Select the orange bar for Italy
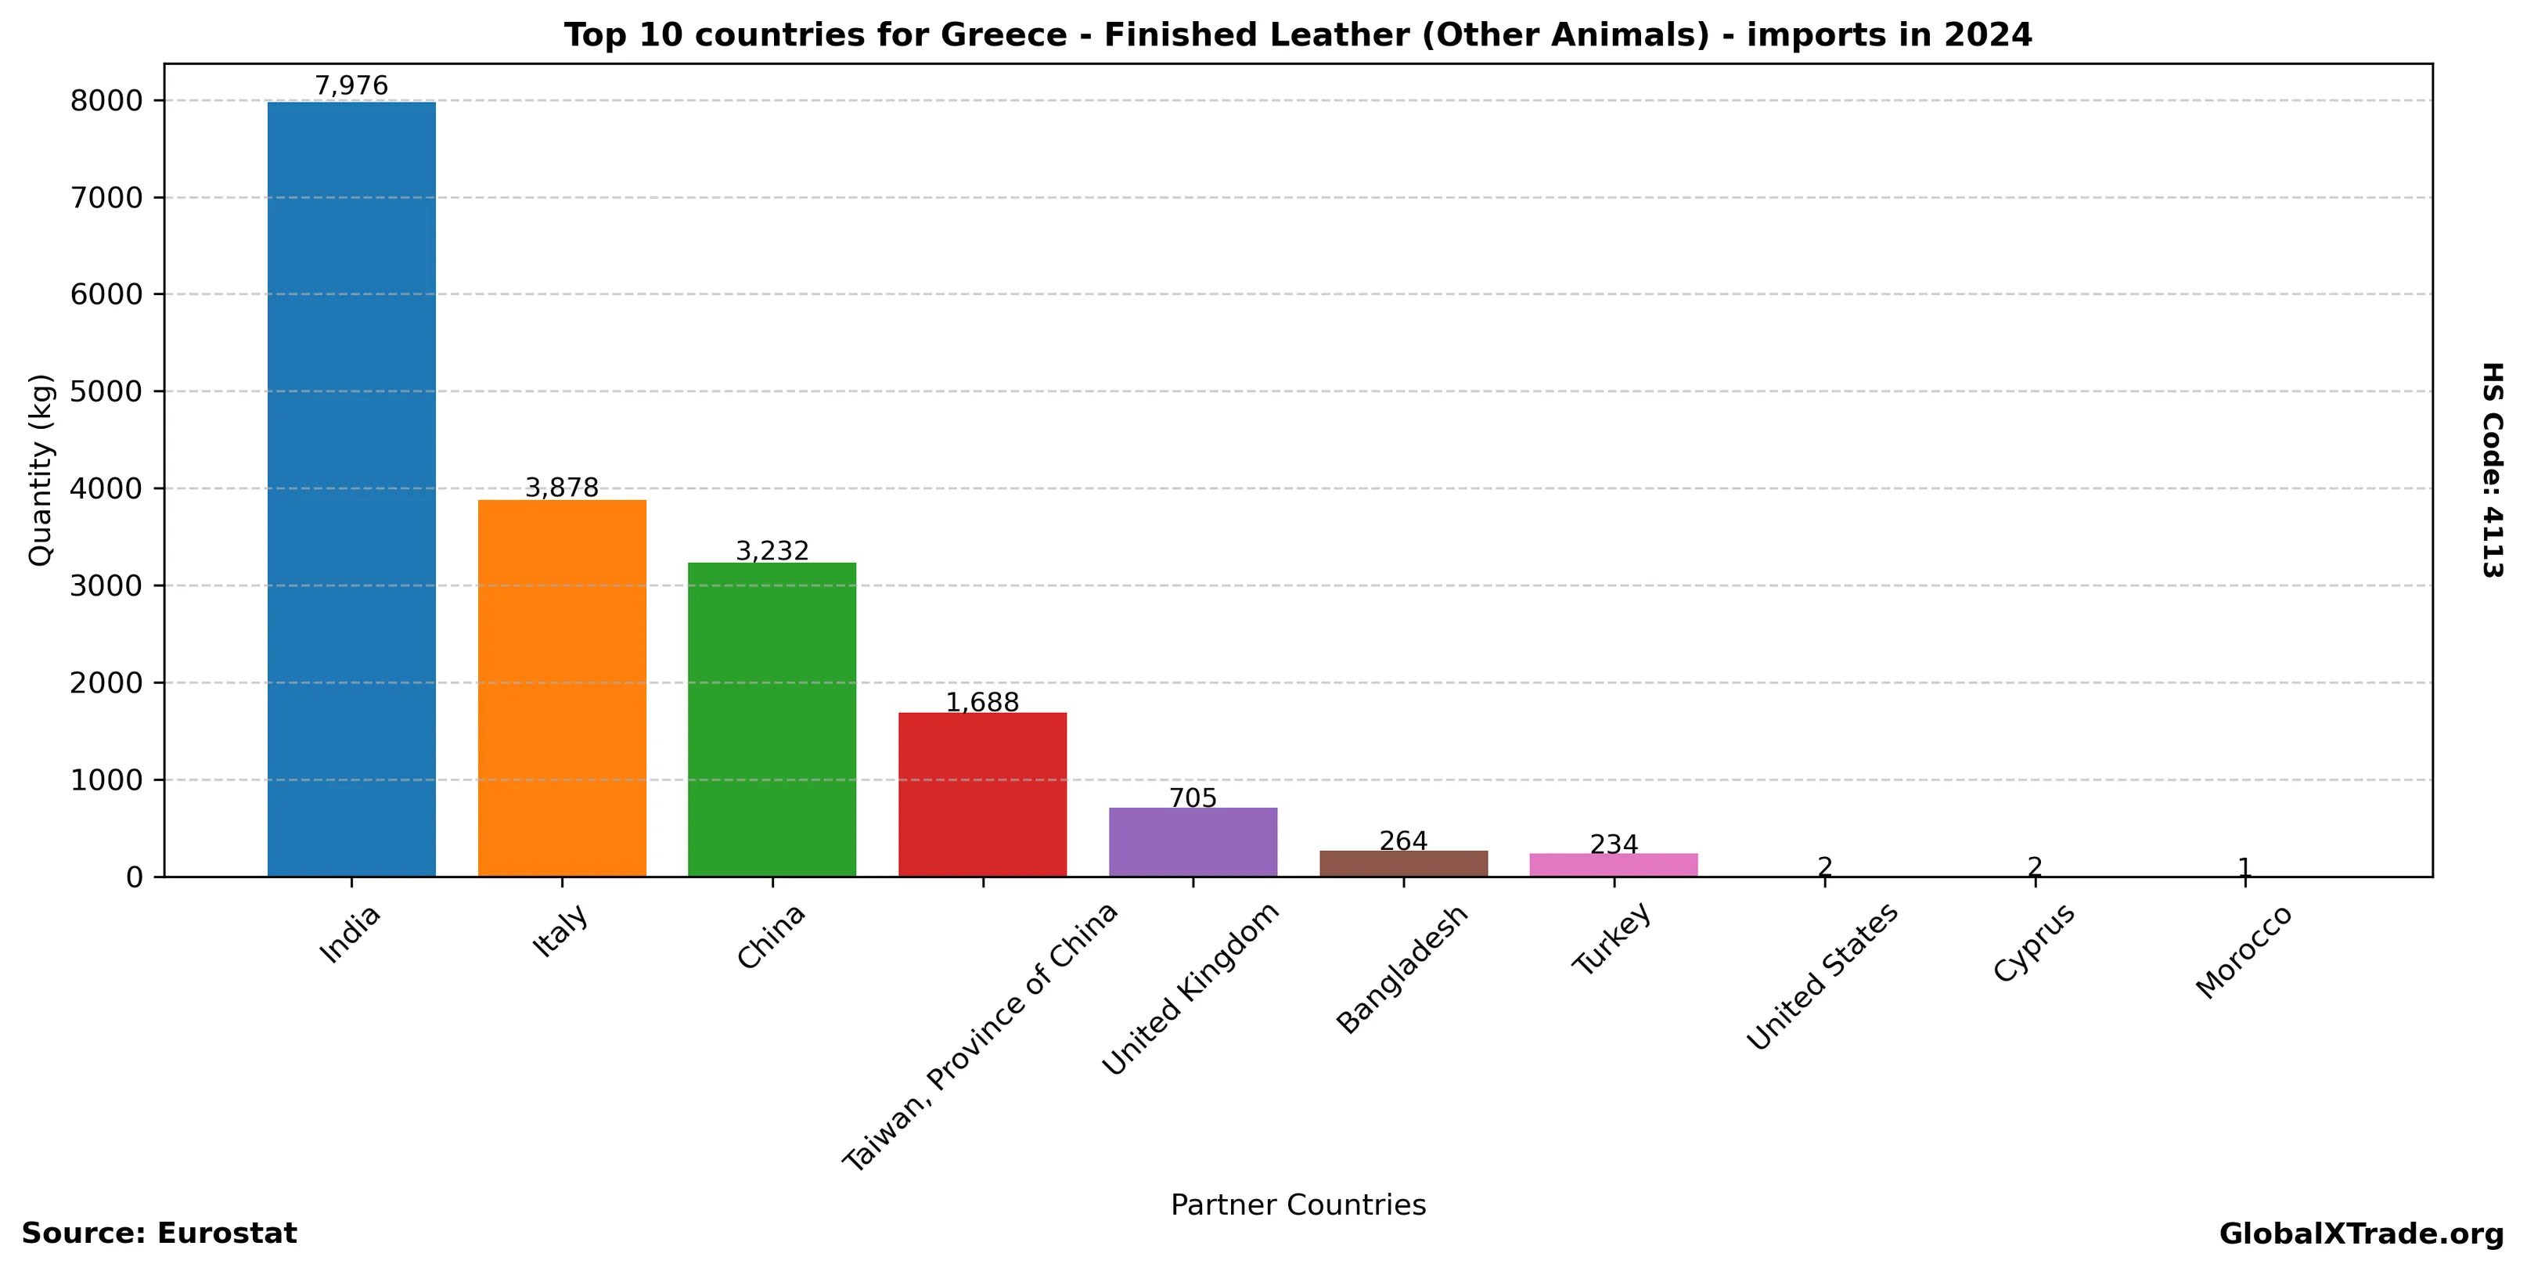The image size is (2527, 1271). tap(562, 687)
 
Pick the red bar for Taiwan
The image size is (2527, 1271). tap(982, 794)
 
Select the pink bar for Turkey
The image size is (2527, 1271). tap(1614, 865)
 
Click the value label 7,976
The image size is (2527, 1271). tap(351, 86)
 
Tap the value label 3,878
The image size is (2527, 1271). tap(562, 488)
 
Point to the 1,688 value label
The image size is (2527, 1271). tap(982, 702)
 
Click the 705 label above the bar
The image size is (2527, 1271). tap(1193, 798)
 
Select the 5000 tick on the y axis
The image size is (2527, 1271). tap(107, 391)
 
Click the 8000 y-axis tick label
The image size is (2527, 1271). tap(107, 101)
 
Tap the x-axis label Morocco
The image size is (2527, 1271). tap(2244, 951)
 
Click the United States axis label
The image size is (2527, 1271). tap(1822, 977)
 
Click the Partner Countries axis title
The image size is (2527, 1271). tap(1298, 1204)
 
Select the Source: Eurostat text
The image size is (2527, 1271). tap(159, 1233)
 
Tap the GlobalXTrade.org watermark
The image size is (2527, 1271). tap(2361, 1233)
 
